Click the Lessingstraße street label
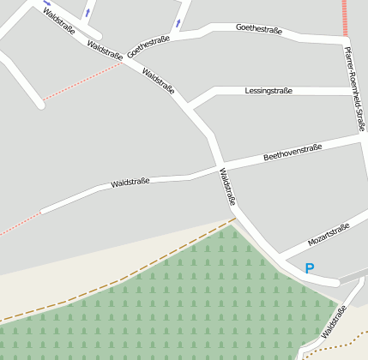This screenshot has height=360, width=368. click(x=268, y=90)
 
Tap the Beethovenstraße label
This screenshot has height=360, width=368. click(x=293, y=153)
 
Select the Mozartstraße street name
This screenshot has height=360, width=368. click(x=329, y=235)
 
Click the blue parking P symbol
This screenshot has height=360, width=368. click(x=310, y=268)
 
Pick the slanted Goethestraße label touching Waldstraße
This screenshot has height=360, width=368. click(x=148, y=47)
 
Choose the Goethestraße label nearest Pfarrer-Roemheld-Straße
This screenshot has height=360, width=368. click(x=258, y=29)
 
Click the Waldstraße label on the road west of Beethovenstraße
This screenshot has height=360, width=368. click(x=130, y=182)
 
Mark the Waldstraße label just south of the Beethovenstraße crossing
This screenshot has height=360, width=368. click(x=227, y=188)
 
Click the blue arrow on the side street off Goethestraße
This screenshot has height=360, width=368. click(x=178, y=23)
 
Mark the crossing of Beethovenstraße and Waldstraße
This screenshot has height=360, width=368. click(x=220, y=165)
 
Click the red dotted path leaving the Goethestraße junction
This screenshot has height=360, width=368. click(x=81, y=81)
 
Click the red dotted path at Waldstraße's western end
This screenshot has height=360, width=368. click(x=19, y=224)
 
